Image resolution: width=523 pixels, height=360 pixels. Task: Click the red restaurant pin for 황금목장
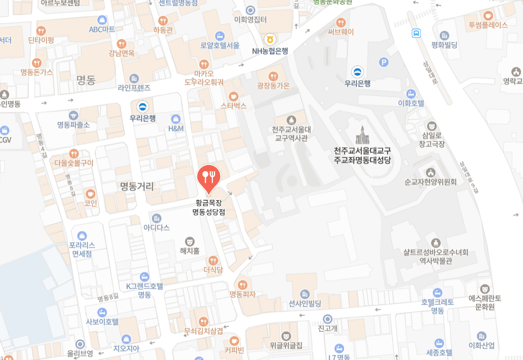pos(209,177)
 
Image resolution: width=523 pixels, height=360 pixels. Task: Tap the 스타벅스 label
pos(234,105)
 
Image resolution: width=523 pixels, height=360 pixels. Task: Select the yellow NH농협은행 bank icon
pos(270,39)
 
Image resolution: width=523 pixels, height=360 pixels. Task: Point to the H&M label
pos(176,129)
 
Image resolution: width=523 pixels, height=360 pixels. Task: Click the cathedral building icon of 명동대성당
pos(362,135)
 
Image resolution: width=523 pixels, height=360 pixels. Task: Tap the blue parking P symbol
pos(384,62)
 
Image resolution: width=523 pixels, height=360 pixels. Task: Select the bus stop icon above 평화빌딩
pos(416,33)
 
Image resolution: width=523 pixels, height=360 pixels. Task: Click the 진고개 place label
pos(328,329)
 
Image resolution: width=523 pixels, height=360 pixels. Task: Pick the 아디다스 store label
pos(156,227)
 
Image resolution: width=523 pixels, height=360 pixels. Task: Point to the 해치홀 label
pos(190,251)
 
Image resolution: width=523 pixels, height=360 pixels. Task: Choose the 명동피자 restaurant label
pos(242,294)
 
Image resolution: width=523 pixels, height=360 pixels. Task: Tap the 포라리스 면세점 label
pos(82,249)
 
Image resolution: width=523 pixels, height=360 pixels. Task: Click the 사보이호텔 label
pos(102,321)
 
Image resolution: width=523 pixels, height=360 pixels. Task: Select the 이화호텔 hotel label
pos(411,103)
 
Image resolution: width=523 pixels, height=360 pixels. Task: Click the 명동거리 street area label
pos(136,186)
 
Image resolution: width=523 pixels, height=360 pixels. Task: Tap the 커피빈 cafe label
pos(234,349)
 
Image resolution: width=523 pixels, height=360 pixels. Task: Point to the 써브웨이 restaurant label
pos(341,32)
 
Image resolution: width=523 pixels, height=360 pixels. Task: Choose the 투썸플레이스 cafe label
pos(488,25)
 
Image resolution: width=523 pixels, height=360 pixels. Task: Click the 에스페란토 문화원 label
pos(485,302)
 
